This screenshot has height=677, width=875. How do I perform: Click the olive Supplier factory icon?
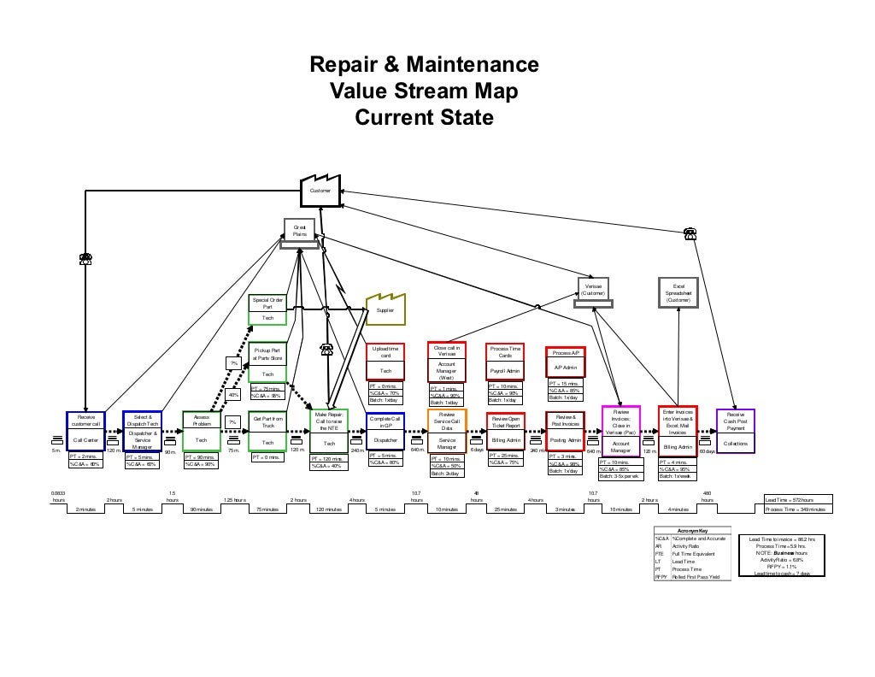[x=385, y=309]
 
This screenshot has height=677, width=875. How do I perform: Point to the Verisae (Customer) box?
[x=593, y=290]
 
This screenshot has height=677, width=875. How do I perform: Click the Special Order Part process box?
[x=267, y=309]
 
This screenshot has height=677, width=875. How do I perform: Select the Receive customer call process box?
[x=85, y=431]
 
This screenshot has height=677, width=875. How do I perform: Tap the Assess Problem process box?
[x=202, y=431]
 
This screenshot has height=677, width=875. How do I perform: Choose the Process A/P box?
[x=565, y=360]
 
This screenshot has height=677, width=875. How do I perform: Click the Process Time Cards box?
[x=505, y=362]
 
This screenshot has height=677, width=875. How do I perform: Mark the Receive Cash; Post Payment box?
[x=735, y=432]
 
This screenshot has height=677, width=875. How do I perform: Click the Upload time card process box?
[x=385, y=362]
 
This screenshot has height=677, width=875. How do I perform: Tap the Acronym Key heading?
[x=691, y=531]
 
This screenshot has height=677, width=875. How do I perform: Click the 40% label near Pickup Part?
[x=232, y=395]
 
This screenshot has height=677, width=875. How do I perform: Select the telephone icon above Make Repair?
[x=326, y=348]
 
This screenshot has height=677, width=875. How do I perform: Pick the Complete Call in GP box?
[x=385, y=431]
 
